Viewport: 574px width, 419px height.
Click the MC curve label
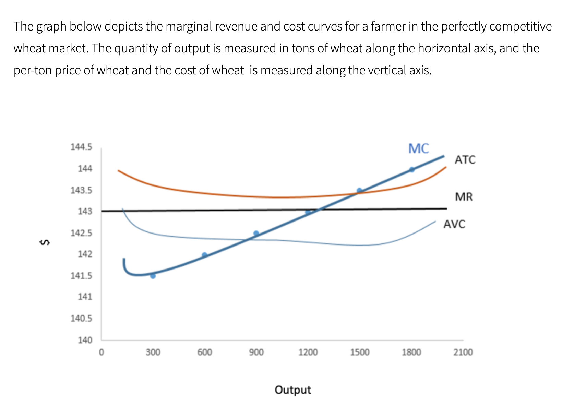(418, 148)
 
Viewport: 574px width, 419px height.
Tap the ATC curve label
(465, 160)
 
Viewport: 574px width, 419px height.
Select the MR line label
(464, 197)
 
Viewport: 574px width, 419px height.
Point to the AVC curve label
(454, 224)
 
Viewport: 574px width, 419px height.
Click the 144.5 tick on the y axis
(81, 147)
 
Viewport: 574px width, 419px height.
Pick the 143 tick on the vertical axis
(85, 211)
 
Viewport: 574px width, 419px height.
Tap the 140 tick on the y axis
(85, 340)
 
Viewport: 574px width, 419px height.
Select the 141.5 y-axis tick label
(81, 276)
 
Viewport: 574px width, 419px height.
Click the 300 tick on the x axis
(153, 352)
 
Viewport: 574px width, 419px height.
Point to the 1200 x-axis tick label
(308, 352)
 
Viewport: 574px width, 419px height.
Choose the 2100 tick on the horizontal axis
(463, 352)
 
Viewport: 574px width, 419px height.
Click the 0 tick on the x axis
(101, 352)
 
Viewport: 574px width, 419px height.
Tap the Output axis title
(293, 390)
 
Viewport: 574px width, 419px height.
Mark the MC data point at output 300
(153, 276)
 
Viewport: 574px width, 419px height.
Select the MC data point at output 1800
(412, 169)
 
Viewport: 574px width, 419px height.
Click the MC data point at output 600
(205, 255)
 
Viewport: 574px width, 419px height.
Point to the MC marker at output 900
(256, 234)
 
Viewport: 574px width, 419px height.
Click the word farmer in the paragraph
(388, 26)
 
